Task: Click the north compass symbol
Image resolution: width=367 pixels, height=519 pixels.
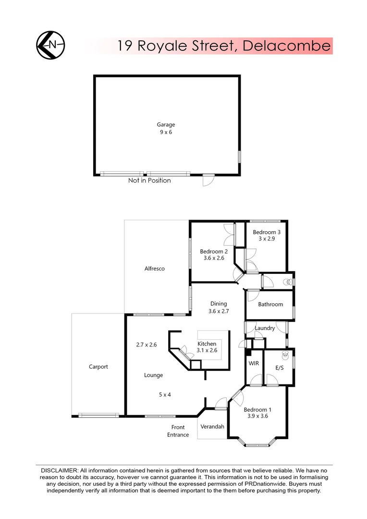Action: (50, 45)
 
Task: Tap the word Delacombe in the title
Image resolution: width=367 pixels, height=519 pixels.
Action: (286, 46)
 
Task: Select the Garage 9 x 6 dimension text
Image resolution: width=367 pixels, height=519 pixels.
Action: (166, 132)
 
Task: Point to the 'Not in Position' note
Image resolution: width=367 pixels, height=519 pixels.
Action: (149, 181)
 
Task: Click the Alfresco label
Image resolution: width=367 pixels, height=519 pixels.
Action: (155, 269)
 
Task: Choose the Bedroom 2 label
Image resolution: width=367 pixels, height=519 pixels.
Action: (214, 251)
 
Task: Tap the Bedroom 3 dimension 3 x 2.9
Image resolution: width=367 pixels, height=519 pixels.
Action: (267, 238)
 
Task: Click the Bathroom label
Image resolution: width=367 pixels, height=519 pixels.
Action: (270, 304)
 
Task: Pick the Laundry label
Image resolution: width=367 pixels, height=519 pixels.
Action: (265, 328)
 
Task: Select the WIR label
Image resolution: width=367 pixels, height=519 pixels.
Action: (254, 363)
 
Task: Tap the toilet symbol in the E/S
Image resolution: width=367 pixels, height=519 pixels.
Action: (285, 355)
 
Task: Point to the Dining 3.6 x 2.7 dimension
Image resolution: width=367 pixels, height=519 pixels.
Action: (218, 311)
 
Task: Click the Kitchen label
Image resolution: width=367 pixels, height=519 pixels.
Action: (207, 344)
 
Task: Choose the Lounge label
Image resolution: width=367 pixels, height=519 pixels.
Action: (154, 375)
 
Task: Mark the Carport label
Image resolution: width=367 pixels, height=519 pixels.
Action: (98, 367)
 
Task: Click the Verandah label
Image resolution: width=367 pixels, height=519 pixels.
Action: (212, 426)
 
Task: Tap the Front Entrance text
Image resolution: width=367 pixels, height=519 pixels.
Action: (178, 431)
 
